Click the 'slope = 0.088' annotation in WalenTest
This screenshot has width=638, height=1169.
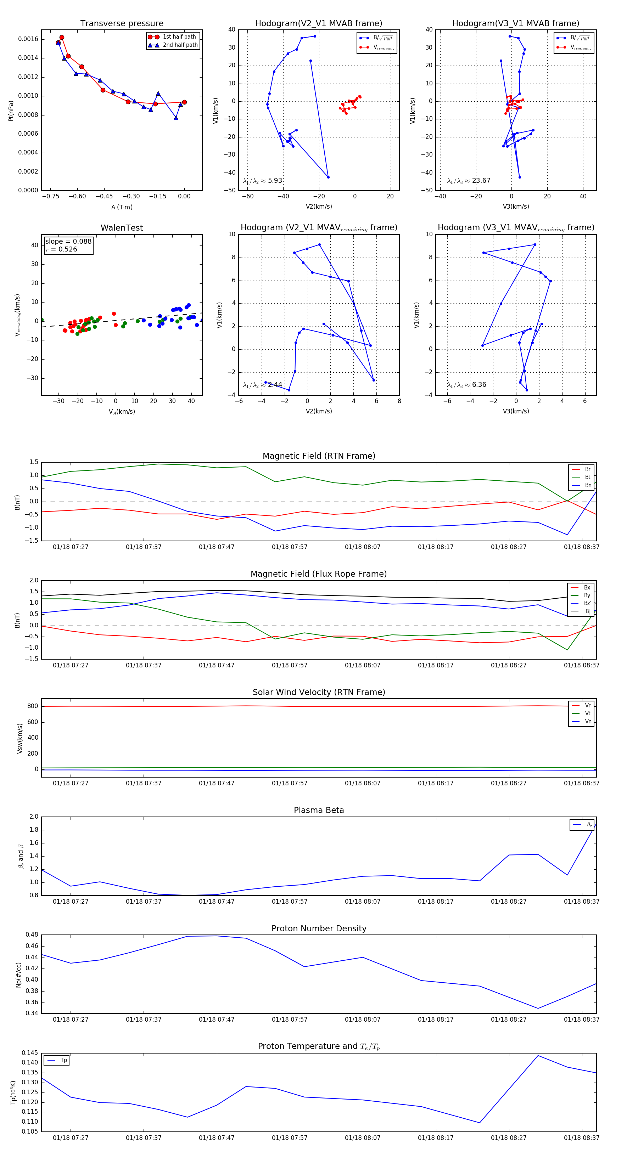[68, 242]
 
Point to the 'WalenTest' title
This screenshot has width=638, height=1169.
[122, 228]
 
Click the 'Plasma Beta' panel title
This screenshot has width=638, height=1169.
[319, 810]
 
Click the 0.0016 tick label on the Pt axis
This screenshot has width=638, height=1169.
[28, 39]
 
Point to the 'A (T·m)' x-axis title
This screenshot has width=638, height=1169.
[122, 207]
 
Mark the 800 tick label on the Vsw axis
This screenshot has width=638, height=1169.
[33, 706]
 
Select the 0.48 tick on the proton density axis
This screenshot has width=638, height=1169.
[32, 935]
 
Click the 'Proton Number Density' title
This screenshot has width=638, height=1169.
[319, 928]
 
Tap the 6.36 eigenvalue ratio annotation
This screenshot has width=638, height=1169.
[478, 385]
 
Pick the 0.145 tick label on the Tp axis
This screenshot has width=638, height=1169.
[30, 1053]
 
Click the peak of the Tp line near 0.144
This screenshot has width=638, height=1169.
[538, 1056]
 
